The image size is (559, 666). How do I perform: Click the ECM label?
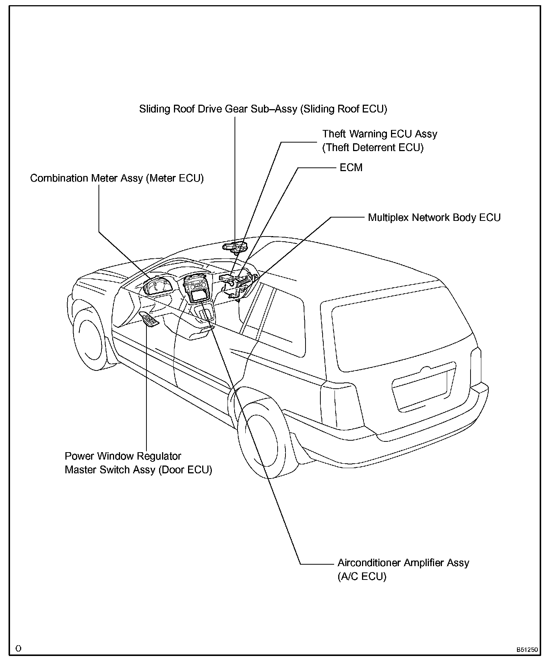(351, 167)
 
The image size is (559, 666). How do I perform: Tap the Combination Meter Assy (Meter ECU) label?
(117, 178)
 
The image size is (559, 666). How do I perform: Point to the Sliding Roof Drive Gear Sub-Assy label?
(263, 109)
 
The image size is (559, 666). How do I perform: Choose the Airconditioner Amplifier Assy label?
(403, 563)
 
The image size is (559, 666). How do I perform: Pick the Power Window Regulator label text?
(123, 456)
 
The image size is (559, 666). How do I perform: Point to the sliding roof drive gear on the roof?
(235, 246)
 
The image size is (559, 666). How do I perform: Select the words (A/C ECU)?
(362, 577)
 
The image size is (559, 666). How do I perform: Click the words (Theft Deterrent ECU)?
(373, 147)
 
